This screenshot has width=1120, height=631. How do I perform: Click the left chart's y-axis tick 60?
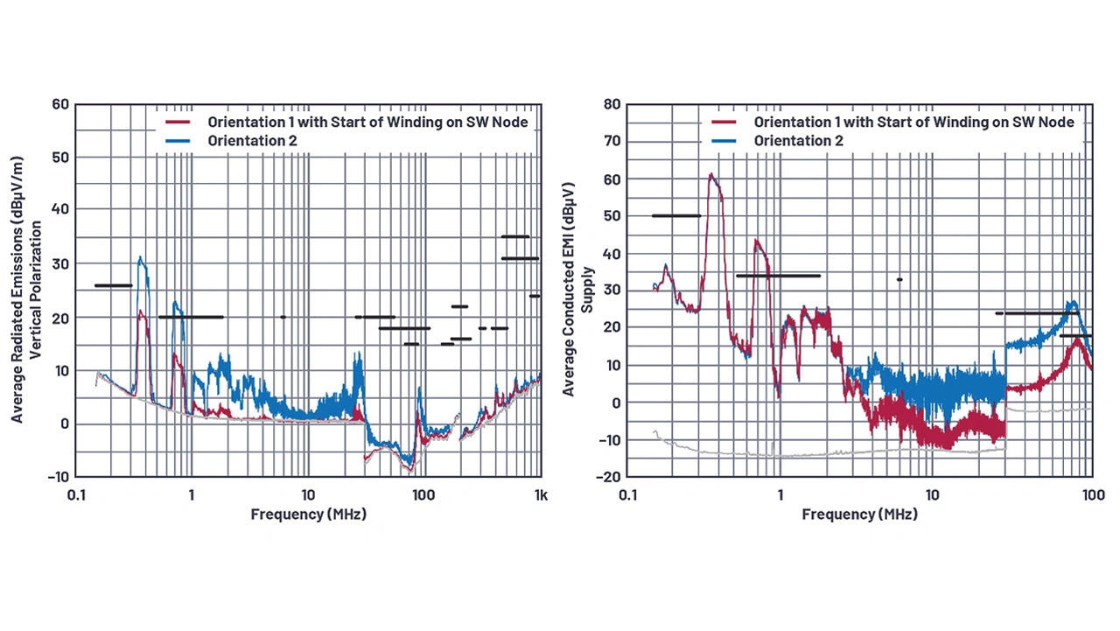click(x=60, y=104)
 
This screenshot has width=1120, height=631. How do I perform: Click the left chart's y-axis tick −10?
click(x=58, y=477)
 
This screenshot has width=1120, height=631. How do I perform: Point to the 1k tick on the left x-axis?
click(x=541, y=495)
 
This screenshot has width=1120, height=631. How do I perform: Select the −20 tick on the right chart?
click(x=609, y=477)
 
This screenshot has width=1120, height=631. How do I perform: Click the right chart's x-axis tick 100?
click(x=1090, y=495)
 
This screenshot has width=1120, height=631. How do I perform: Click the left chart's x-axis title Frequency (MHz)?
click(x=308, y=515)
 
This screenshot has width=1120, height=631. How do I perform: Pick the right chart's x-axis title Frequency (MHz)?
click(x=859, y=515)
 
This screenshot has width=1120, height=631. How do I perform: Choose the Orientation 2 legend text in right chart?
click(x=798, y=140)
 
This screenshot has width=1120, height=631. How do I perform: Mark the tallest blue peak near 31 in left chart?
click(x=140, y=258)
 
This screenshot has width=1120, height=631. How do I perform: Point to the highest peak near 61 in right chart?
click(x=711, y=175)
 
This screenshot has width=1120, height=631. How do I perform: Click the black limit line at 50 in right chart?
click(x=675, y=215)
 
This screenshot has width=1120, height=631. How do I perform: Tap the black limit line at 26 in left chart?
click(x=113, y=285)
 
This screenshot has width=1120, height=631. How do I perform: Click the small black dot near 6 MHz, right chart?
click(x=899, y=279)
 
